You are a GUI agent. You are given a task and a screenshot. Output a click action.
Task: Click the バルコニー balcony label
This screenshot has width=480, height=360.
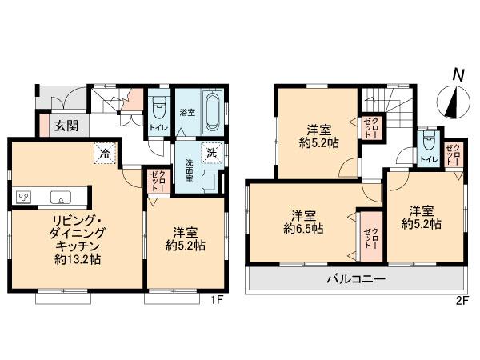357,280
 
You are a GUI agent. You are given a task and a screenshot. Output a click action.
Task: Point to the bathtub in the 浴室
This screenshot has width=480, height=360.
212,112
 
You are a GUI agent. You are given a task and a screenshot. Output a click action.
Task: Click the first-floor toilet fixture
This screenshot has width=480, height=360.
158,106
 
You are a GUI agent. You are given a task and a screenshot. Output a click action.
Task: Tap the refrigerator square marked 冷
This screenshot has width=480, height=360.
104,152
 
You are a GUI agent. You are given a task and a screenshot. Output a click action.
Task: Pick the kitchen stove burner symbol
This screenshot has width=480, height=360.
23,197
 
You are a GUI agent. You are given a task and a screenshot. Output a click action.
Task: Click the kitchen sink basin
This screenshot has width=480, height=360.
61,197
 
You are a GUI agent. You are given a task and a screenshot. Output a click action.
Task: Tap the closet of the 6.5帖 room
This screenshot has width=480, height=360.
370,235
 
